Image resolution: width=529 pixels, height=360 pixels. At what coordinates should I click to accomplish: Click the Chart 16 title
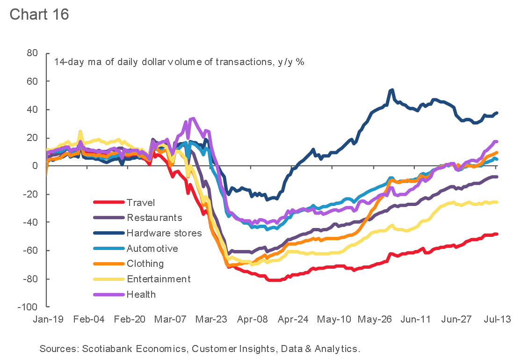click(x=39, y=14)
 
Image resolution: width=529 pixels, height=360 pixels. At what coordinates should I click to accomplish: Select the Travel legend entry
click(x=140, y=203)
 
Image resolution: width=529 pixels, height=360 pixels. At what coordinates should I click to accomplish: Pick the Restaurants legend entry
click(x=154, y=218)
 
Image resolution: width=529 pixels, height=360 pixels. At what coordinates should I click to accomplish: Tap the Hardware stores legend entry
click(x=164, y=233)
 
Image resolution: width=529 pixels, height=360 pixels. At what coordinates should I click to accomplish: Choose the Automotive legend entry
click(x=152, y=249)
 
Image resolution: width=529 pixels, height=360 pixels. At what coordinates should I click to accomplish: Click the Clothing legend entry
click(x=145, y=264)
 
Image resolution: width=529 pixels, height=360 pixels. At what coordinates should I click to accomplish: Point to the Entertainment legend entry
click(x=159, y=279)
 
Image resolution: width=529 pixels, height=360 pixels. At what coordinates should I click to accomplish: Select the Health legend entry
click(x=141, y=294)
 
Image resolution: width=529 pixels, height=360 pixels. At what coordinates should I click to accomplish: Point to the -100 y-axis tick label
click(x=28, y=307)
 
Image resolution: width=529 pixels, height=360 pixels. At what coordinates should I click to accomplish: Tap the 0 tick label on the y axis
click(x=35, y=166)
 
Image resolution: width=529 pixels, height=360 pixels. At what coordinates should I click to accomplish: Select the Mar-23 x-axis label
click(x=211, y=319)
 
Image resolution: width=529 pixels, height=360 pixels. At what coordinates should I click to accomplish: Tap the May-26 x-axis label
click(x=375, y=319)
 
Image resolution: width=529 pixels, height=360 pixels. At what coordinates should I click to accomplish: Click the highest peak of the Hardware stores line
click(x=391, y=90)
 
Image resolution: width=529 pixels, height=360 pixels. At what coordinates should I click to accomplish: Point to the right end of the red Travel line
click(x=496, y=234)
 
